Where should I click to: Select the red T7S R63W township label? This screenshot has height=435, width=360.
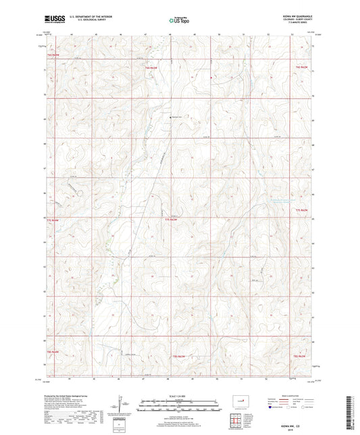coord(171,219)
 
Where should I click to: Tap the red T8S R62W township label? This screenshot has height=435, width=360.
coord(301,355)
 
